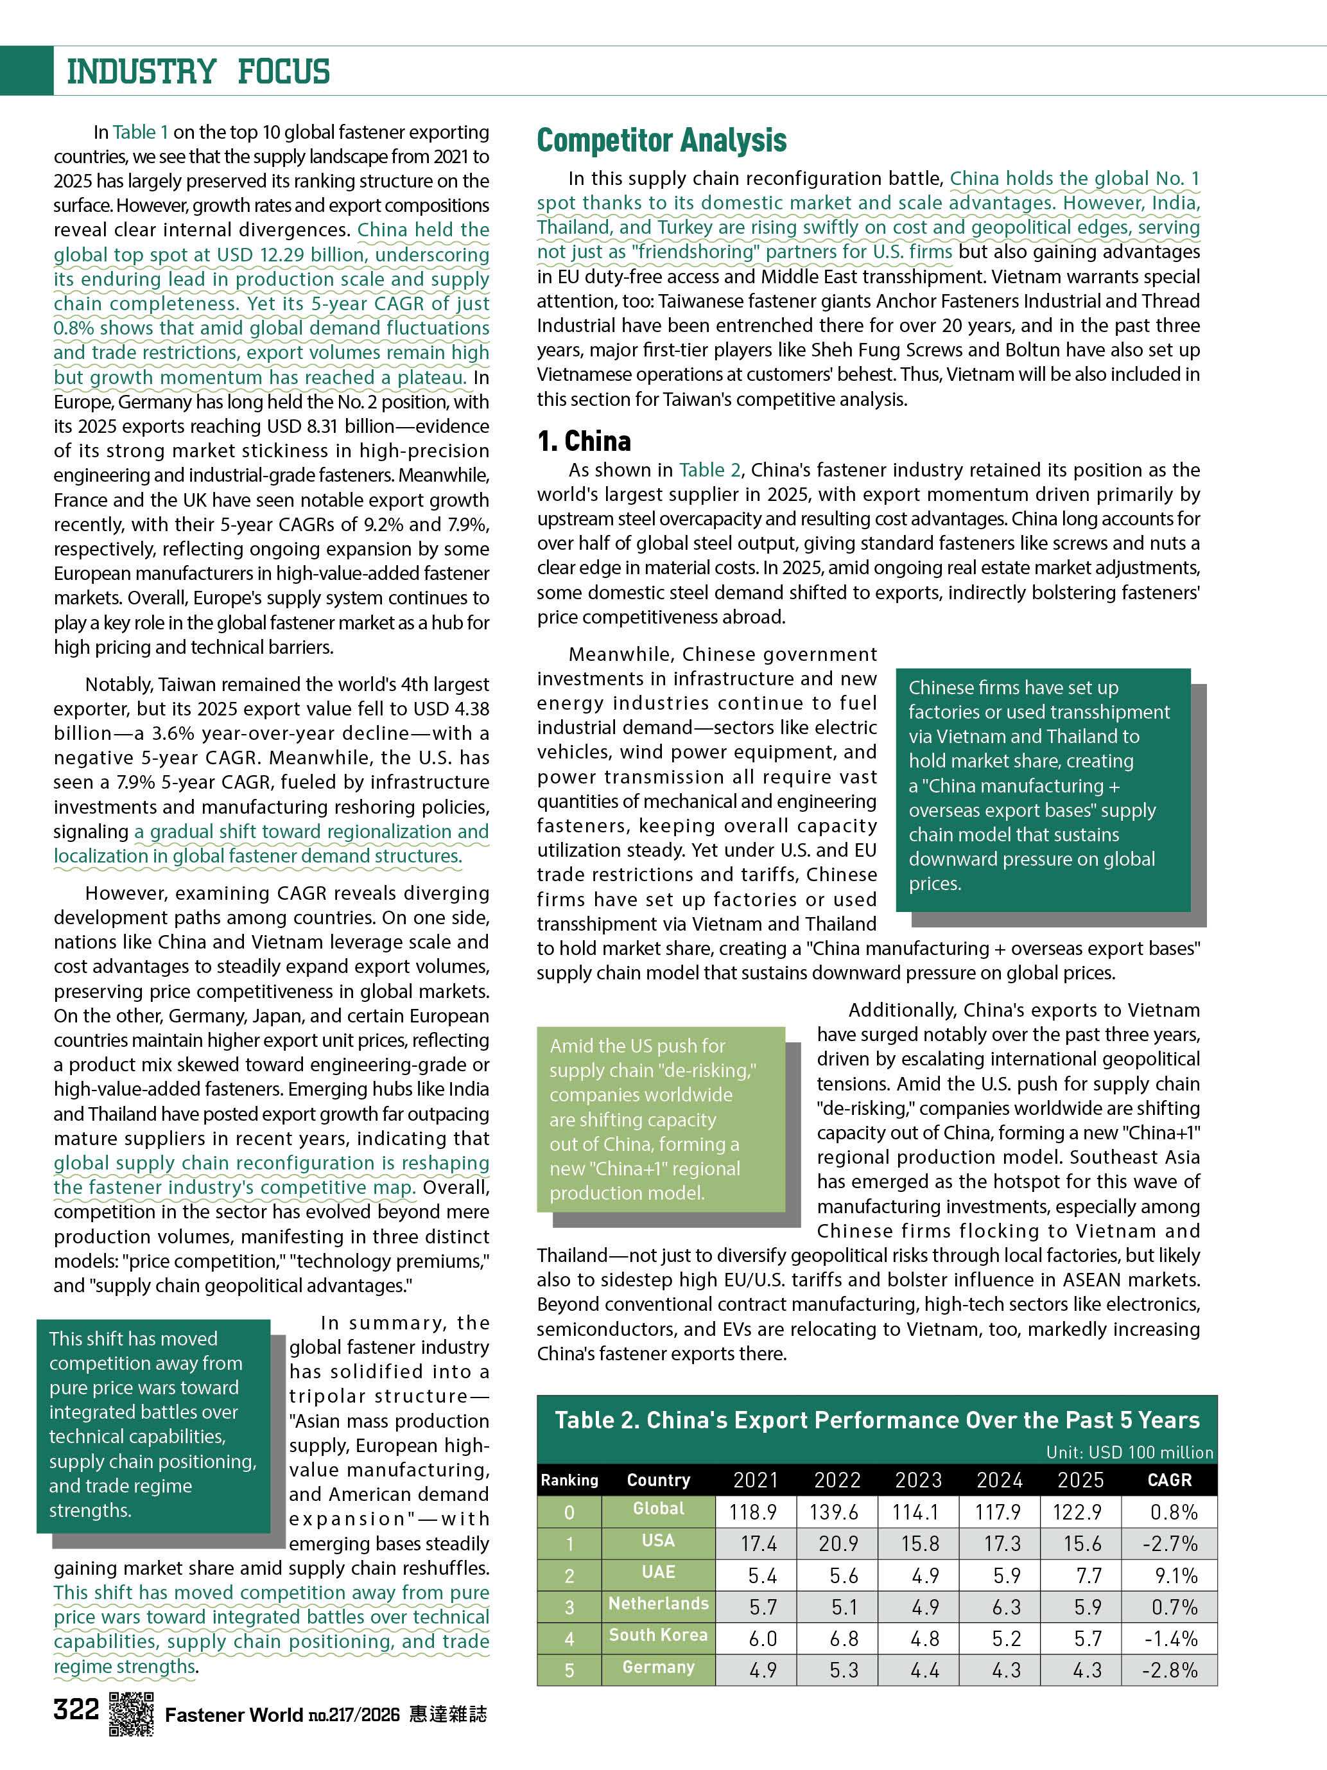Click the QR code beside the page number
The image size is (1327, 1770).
(x=131, y=1715)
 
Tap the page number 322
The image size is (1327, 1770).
(x=76, y=1710)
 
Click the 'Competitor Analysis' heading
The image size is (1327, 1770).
(x=661, y=140)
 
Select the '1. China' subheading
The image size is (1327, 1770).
(x=584, y=441)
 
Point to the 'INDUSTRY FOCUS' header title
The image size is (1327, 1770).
(x=198, y=71)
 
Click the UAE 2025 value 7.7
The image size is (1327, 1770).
(x=1088, y=1575)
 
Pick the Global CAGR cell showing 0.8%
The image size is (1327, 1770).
(x=1174, y=1512)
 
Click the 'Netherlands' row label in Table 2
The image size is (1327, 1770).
(x=658, y=1604)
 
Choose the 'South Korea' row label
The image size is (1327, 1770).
(x=658, y=1634)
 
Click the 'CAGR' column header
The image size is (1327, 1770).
(x=1170, y=1480)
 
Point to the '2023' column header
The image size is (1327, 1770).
(x=918, y=1480)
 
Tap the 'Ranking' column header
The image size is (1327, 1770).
(x=569, y=1480)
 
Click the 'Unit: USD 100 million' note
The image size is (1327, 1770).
(x=1129, y=1452)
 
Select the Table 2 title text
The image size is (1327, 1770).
(x=878, y=1421)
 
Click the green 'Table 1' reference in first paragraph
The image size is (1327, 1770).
(x=141, y=132)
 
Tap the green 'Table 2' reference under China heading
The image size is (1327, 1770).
(x=709, y=469)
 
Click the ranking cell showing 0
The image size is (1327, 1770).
(x=569, y=1512)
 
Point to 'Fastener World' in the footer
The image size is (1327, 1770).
(x=234, y=1714)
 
